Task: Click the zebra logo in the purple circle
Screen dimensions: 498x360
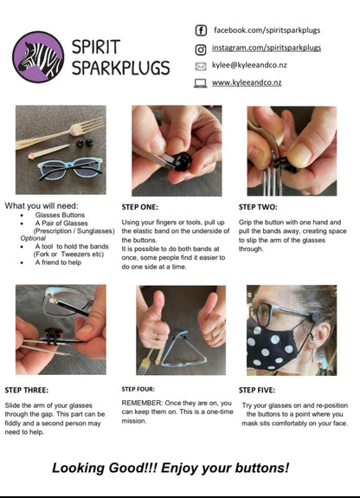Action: pos(38,56)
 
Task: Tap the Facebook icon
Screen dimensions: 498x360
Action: pos(201,30)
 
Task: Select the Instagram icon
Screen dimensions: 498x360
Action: pos(201,49)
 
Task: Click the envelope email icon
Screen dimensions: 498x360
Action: pos(201,66)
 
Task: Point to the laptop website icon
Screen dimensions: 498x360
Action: pos(201,83)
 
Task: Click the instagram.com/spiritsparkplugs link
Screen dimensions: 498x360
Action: pos(267,49)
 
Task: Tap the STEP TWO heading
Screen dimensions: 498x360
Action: pos(259,208)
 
